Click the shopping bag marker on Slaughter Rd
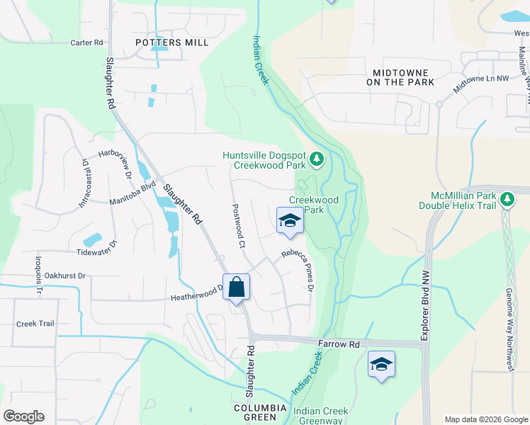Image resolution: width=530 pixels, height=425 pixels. tap(237, 288)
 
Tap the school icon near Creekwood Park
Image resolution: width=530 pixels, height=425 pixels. tap(289, 221)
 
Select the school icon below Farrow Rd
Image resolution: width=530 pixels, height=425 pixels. tap(381, 365)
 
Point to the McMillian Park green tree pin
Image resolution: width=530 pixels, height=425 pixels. tap(507, 200)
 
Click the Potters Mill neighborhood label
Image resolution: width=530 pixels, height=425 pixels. tap(172, 42)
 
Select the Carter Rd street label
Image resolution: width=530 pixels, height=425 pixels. tap(87, 42)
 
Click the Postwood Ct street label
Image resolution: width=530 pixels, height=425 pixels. tap(238, 227)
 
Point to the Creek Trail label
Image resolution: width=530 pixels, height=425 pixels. tap(35, 324)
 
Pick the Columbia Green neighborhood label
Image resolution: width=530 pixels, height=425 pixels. tap(261, 412)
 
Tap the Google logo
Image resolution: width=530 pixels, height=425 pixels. tap(23, 416)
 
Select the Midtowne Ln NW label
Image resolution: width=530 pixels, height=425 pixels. tap(482, 84)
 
